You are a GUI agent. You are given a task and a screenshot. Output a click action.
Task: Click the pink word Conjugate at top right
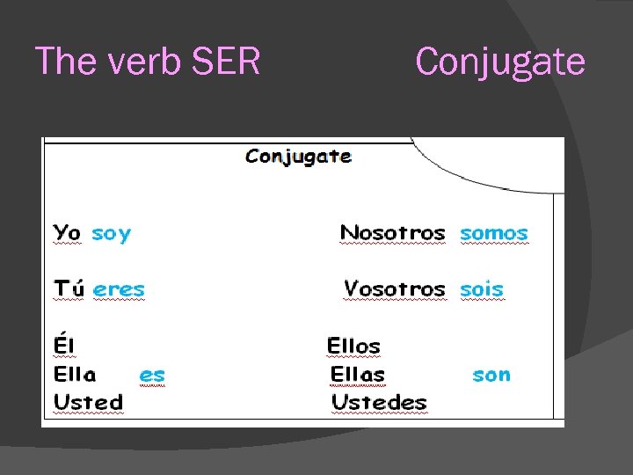pyautogui.click(x=499, y=62)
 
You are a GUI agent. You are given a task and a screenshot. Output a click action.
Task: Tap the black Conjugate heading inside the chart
pyautogui.click(x=299, y=157)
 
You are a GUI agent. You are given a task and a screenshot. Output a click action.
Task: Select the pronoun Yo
pyautogui.click(x=67, y=233)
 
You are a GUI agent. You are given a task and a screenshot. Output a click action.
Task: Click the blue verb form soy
pyautogui.click(x=112, y=234)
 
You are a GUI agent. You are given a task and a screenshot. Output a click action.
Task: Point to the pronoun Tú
pyautogui.click(x=69, y=289)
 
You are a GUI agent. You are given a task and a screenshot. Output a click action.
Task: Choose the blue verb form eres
pyautogui.click(x=119, y=289)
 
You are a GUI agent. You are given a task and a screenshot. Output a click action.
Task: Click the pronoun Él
pyautogui.click(x=64, y=346)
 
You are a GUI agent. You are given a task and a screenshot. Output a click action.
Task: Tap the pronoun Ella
pyautogui.click(x=75, y=374)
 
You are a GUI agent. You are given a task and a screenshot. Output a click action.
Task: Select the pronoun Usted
pyautogui.click(x=88, y=402)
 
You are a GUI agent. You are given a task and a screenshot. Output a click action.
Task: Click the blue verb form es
pyautogui.click(x=152, y=375)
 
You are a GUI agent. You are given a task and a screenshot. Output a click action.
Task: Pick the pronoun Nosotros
pyautogui.click(x=393, y=233)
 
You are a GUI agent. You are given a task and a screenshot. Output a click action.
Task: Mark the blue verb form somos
pyautogui.click(x=494, y=233)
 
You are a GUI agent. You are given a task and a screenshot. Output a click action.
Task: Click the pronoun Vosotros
pyautogui.click(x=395, y=289)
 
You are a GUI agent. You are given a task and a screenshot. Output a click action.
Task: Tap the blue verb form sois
pyautogui.click(x=482, y=289)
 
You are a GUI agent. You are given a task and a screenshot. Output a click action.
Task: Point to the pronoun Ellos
pyautogui.click(x=353, y=346)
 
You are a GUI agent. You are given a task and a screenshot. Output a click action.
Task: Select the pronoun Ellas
pyautogui.click(x=358, y=374)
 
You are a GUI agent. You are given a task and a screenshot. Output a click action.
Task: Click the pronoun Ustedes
pyautogui.click(x=379, y=402)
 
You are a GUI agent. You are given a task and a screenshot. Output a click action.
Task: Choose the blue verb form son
pyautogui.click(x=491, y=375)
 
